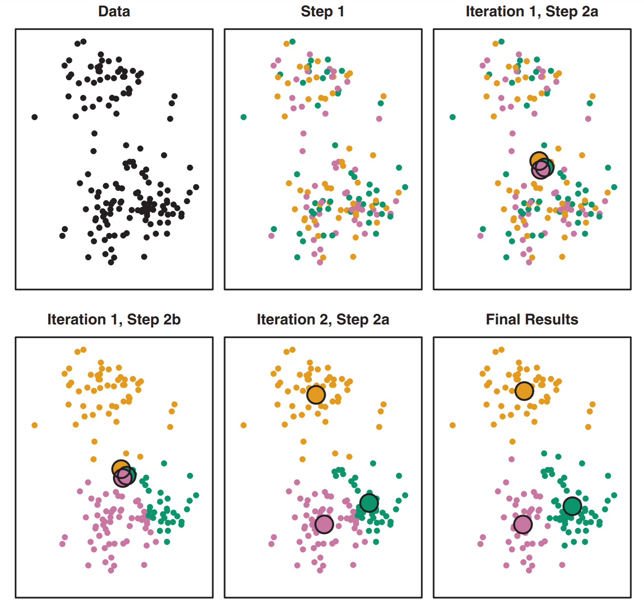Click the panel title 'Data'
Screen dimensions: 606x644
click(114, 11)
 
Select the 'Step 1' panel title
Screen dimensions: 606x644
click(322, 11)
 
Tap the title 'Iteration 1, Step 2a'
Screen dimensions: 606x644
click(531, 11)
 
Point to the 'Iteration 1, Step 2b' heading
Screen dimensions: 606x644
click(114, 319)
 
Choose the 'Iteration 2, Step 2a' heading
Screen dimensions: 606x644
click(323, 319)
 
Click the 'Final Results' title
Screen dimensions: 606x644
click(532, 319)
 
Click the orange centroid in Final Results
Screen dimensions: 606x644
click(524, 391)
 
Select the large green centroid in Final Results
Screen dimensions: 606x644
click(572, 506)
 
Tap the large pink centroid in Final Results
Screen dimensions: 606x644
click(523, 524)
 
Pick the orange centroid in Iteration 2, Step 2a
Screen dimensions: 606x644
click(316, 395)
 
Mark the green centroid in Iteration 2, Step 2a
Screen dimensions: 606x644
click(369, 502)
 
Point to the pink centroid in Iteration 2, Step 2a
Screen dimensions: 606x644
click(324, 524)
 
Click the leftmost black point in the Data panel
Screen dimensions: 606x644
click(35, 117)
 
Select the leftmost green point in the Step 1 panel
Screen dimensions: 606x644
click(243, 117)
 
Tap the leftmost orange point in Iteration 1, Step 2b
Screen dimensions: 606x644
click(35, 425)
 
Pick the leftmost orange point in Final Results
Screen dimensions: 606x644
click(452, 425)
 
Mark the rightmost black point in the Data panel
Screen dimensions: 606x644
click(196, 187)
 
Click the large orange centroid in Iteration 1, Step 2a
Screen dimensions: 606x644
click(538, 160)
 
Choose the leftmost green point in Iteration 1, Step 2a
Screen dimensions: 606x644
click(452, 117)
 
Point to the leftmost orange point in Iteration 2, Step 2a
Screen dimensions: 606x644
click(243, 425)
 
